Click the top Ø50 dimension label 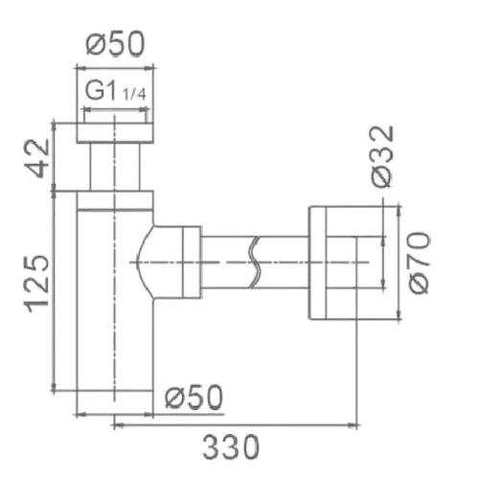[x=115, y=44]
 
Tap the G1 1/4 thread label [x=115, y=92]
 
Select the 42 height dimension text [x=37, y=158]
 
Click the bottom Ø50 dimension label [x=194, y=397]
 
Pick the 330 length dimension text [x=231, y=447]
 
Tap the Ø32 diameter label [x=382, y=156]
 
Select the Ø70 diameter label [x=419, y=263]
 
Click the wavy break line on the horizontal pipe [x=255, y=262]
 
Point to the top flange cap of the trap [x=115, y=132]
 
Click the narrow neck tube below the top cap [x=115, y=167]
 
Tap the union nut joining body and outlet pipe [x=192, y=262]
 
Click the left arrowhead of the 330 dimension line [x=118, y=425]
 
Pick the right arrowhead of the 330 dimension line [x=353, y=425]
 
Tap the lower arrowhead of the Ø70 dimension [x=399, y=314]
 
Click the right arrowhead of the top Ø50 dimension [x=149, y=68]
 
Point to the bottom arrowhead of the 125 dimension [x=54, y=386]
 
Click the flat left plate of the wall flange [x=317, y=262]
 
